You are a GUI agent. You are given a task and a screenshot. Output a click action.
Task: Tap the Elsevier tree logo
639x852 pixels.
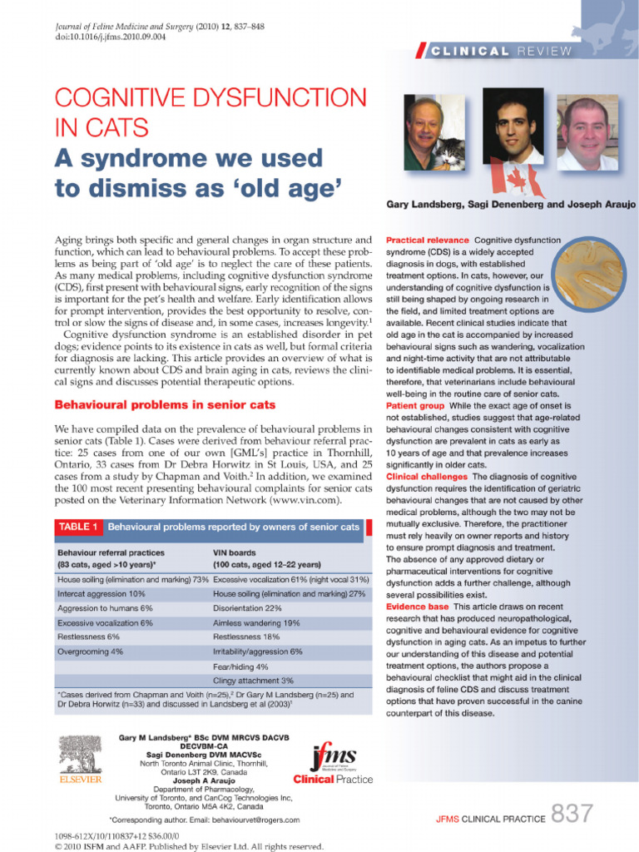click(79, 755)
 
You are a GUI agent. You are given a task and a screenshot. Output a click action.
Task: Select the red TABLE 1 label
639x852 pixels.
click(78, 527)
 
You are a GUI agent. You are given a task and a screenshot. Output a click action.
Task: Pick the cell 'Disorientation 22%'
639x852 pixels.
click(247, 608)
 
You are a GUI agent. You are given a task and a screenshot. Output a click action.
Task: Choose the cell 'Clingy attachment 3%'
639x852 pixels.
click(253, 680)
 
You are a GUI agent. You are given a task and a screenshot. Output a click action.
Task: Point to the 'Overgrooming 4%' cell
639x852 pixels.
click(90, 651)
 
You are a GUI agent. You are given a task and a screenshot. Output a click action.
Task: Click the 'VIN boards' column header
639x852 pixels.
click(236, 552)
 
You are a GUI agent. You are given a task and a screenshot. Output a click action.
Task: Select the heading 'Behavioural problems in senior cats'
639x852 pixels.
click(164, 405)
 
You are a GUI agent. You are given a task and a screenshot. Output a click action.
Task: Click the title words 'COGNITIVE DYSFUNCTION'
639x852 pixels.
click(210, 101)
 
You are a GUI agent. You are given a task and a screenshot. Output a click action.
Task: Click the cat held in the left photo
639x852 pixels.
click(452, 155)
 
